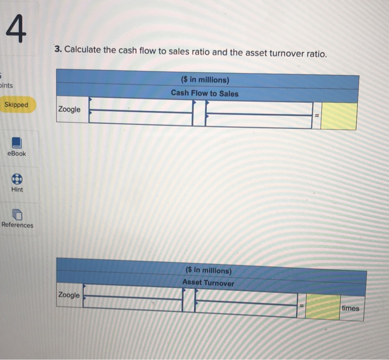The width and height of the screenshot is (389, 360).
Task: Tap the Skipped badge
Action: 16,105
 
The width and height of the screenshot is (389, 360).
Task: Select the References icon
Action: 17,214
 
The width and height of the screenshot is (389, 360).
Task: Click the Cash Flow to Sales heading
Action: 205,93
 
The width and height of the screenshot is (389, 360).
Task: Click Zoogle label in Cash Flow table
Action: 69,109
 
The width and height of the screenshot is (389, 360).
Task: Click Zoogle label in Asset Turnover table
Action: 69,295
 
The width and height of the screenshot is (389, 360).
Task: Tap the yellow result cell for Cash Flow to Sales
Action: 338,116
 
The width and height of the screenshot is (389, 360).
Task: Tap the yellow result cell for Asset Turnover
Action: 323,307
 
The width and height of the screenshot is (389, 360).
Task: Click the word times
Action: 351,308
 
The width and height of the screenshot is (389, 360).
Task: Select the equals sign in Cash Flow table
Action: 316,116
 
